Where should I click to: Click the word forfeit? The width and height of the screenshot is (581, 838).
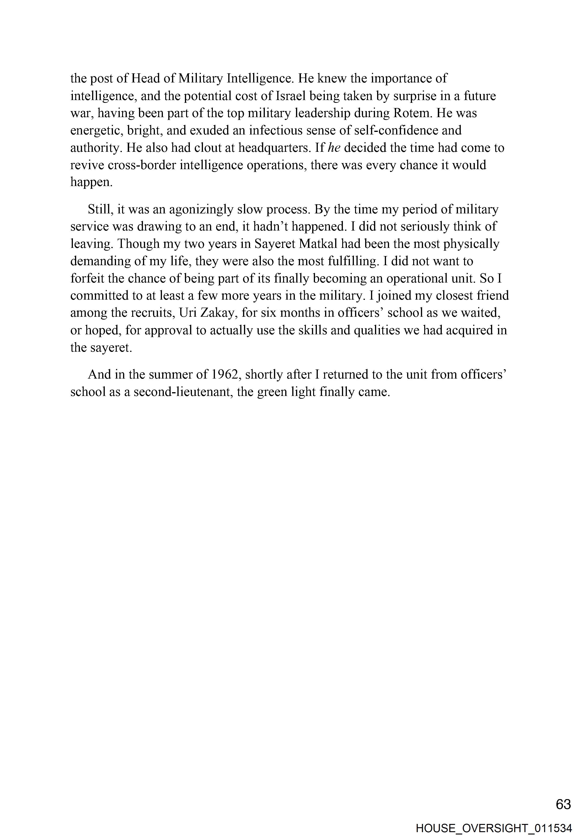click(x=87, y=278)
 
